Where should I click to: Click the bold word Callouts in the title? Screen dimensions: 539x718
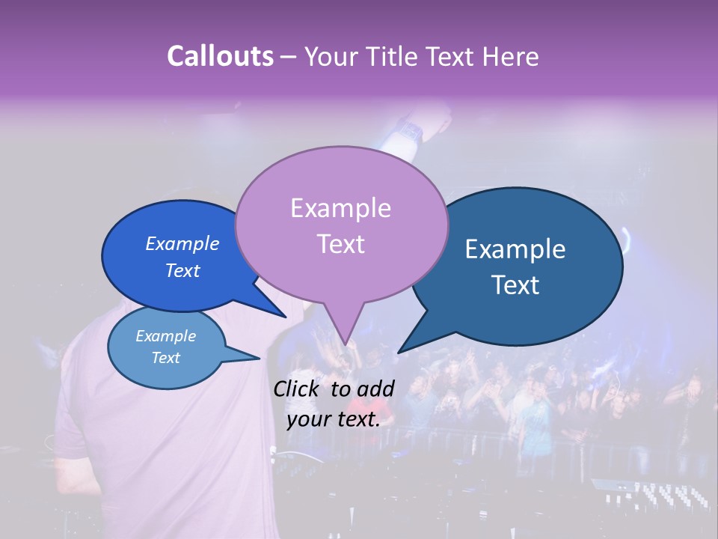pyautogui.click(x=220, y=56)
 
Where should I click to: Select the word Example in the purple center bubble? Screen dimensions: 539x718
pyautogui.click(x=340, y=208)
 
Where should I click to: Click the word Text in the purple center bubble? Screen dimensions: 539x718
pyautogui.click(x=340, y=244)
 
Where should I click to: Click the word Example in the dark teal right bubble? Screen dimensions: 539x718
pyautogui.click(x=515, y=249)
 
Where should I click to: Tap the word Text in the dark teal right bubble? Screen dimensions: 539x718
pyautogui.click(x=516, y=285)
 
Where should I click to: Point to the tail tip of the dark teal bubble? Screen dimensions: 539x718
pyautogui.click(x=399, y=352)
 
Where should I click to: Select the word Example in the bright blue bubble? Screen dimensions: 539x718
pyautogui.click(x=182, y=243)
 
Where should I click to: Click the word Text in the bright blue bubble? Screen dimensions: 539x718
pyautogui.click(x=182, y=271)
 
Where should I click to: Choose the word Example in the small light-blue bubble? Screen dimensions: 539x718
pyautogui.click(x=165, y=336)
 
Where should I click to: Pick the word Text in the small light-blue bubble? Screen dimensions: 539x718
pyautogui.click(x=165, y=358)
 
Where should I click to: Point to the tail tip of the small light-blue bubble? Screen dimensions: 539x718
pyautogui.click(x=260, y=358)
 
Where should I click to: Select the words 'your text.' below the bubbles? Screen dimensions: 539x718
pyautogui.click(x=334, y=419)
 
